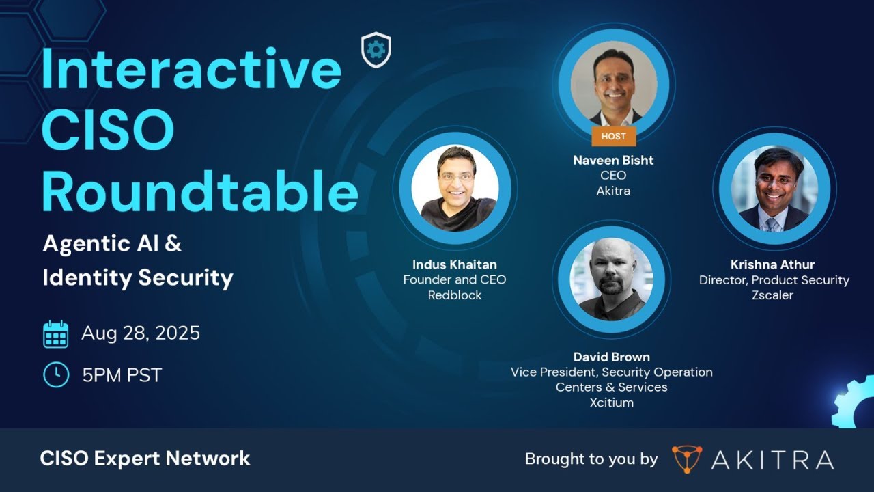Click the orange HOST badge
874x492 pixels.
pos(613,136)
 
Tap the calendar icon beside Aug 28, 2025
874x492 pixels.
pos(56,334)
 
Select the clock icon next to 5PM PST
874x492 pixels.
pos(56,374)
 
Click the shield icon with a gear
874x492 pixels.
pos(376,51)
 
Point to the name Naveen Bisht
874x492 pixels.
pos(613,160)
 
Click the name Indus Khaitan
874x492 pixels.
pos(455,264)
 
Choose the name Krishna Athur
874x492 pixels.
pos(773,264)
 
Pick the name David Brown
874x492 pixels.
pos(611,357)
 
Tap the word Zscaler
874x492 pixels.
pos(773,295)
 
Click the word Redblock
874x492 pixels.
pos(455,295)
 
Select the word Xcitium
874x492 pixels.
pos(611,402)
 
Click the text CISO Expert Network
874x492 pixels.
pos(145,459)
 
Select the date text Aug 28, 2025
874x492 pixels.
pos(141,333)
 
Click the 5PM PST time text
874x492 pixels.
pos(122,375)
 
